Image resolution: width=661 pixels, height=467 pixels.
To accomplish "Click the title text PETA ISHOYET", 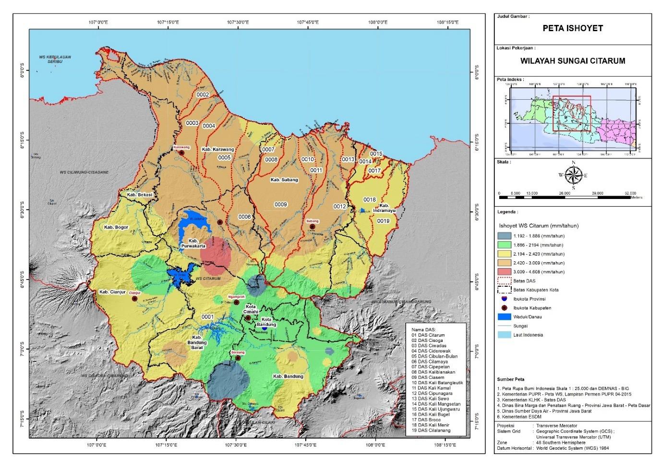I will pyautogui.click(x=573, y=28).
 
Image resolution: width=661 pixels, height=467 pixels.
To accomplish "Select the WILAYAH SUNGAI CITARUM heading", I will pyautogui.click(x=573, y=61).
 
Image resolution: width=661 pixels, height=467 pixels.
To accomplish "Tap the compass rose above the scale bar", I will pyautogui.click(x=573, y=175).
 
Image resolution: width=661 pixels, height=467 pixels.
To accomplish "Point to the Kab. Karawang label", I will pyautogui.click(x=217, y=150).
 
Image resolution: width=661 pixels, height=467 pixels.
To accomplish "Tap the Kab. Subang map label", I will pyautogui.click(x=284, y=180).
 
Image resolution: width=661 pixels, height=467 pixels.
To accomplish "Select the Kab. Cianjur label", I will pyautogui.click(x=112, y=292).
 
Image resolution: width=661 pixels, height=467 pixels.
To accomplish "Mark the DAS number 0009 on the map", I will pyautogui.click(x=280, y=205).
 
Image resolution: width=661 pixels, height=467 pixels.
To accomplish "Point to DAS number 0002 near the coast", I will pyautogui.click(x=203, y=95).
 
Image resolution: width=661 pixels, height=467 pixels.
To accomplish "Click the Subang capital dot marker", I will pyautogui.click(x=312, y=227).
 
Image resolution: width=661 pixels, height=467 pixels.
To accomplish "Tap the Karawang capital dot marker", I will pyautogui.click(x=182, y=153).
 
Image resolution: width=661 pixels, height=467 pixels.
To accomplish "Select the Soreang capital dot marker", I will pyautogui.click(x=238, y=358).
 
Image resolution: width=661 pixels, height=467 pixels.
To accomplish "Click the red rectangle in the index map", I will pyautogui.click(x=571, y=113).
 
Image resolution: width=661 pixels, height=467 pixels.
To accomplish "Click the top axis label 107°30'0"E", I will pyautogui.click(x=238, y=22).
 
